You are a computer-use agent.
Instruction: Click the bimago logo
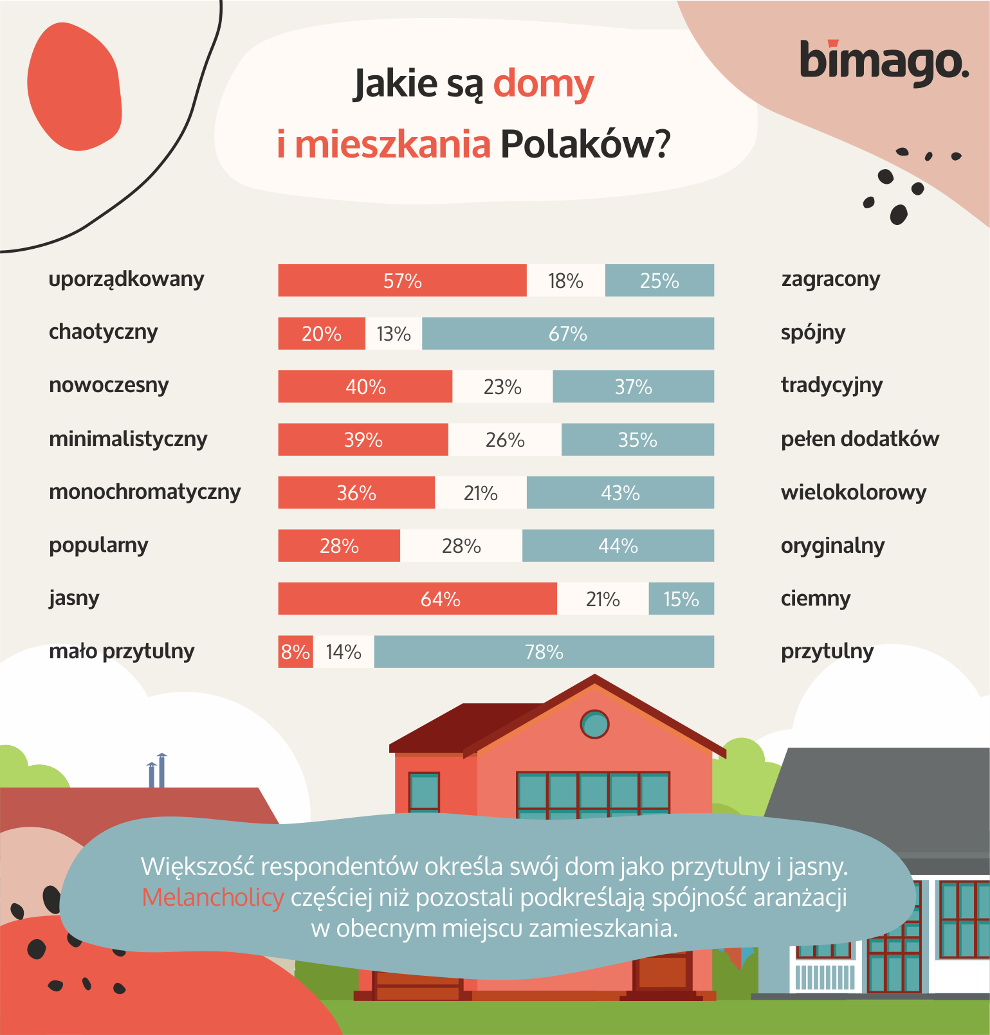pyautogui.click(x=884, y=62)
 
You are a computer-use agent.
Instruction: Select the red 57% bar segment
pyautogui.click(x=402, y=280)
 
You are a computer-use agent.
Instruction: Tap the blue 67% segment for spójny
pyautogui.click(x=567, y=334)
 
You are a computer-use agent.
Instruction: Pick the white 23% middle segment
pyautogui.click(x=502, y=386)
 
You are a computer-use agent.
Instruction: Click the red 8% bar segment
pyautogui.click(x=295, y=652)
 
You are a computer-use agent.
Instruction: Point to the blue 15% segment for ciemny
pyautogui.click(x=681, y=599)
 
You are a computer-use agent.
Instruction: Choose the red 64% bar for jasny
pyautogui.click(x=417, y=599)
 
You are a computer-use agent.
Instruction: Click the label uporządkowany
pyautogui.click(x=126, y=280)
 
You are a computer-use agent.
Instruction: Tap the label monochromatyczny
pyautogui.click(x=145, y=492)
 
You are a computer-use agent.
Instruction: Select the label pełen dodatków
pyautogui.click(x=859, y=439)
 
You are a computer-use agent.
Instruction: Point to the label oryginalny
pyautogui.click(x=832, y=546)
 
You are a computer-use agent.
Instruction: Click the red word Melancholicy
pyautogui.click(x=213, y=897)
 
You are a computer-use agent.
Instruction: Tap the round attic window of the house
pyautogui.click(x=594, y=724)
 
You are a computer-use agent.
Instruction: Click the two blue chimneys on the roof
pyautogui.click(x=157, y=771)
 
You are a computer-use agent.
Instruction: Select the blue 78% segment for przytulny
pyautogui.click(x=544, y=652)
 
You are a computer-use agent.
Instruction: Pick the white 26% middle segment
pyautogui.click(x=505, y=440)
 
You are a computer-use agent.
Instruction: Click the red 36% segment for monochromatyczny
pyautogui.click(x=356, y=493)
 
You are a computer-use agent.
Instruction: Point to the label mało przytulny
pyautogui.click(x=122, y=651)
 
